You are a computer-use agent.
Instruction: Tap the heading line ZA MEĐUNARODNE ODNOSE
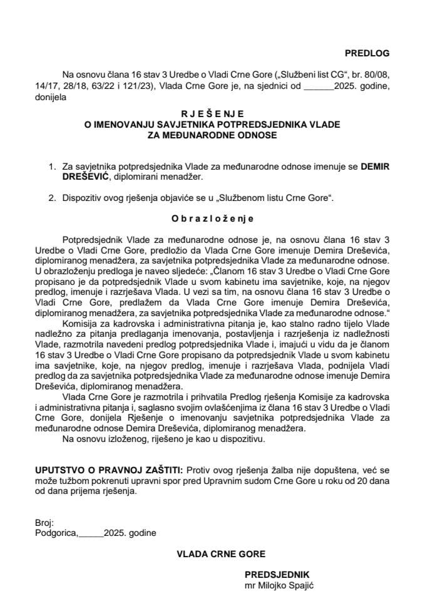tap(212, 134)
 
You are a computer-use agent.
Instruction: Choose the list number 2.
tap(51, 198)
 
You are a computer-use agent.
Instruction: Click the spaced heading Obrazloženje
tap(212, 220)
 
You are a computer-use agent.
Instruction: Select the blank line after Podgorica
tap(90, 533)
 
